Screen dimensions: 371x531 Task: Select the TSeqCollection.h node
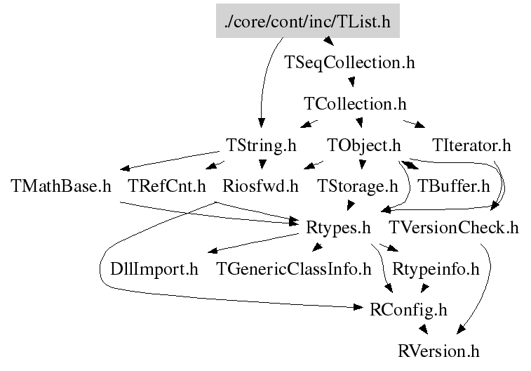(x=350, y=63)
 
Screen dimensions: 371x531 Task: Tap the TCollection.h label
(x=355, y=104)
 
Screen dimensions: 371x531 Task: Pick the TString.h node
(x=262, y=145)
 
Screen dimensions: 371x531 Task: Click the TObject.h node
(x=364, y=145)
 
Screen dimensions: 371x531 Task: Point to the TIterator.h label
(x=472, y=145)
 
